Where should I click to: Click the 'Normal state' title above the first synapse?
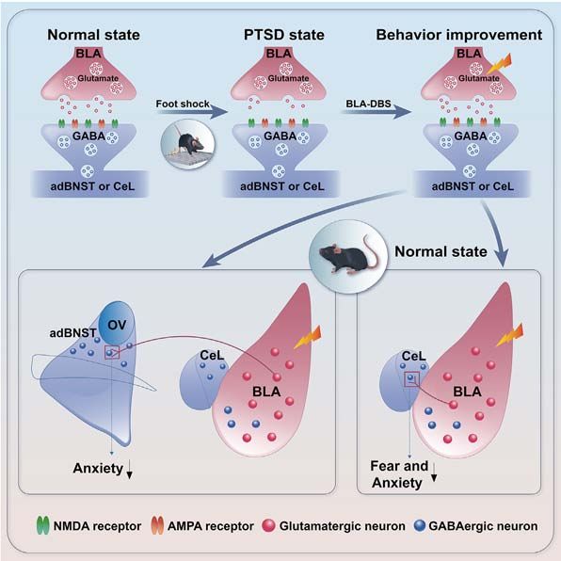pyautogui.click(x=94, y=35)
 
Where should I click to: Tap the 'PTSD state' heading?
pyautogui.click(x=284, y=35)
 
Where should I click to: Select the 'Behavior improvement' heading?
pyautogui.click(x=459, y=35)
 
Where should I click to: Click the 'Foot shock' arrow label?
pyautogui.click(x=183, y=104)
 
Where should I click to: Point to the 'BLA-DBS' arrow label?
pyautogui.click(x=368, y=104)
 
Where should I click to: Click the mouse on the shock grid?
pyautogui.click(x=189, y=142)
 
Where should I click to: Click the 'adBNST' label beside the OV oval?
pyautogui.click(x=73, y=333)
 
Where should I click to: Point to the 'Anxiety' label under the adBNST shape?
pyautogui.click(x=98, y=468)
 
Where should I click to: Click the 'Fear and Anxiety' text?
pyautogui.click(x=399, y=474)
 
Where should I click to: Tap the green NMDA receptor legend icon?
pyautogui.click(x=43, y=525)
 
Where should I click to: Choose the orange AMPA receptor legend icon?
pyautogui.click(x=157, y=525)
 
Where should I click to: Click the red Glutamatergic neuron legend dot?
pyautogui.click(x=268, y=525)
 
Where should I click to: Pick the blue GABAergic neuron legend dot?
pyautogui.click(x=420, y=525)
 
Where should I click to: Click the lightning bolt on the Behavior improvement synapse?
pyautogui.click(x=500, y=64)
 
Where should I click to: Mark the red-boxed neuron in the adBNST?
pyautogui.click(x=110, y=353)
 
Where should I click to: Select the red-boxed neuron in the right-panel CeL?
pyautogui.click(x=410, y=377)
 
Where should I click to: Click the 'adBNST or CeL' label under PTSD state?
pyautogui.click(x=282, y=186)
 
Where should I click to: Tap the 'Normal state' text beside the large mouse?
pyautogui.click(x=441, y=251)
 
